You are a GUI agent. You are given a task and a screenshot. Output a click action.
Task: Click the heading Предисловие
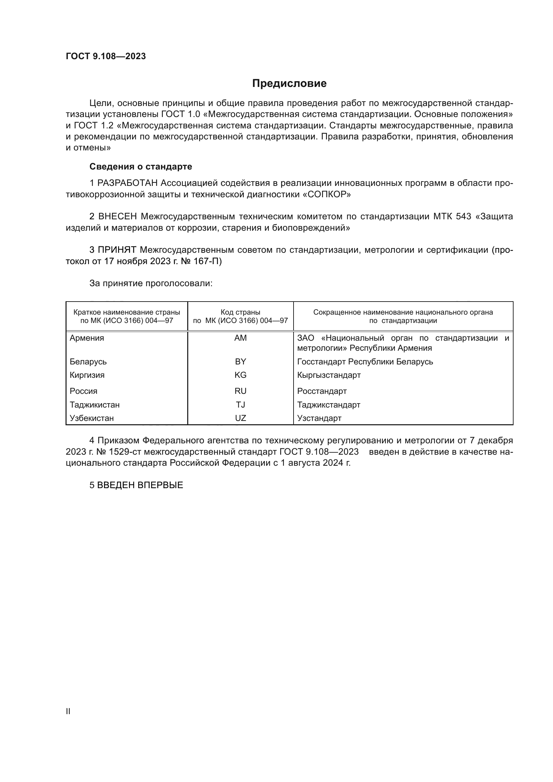pyautogui.click(x=289, y=84)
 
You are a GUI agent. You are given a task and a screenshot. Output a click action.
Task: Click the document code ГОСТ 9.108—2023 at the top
pyautogui.click(x=106, y=56)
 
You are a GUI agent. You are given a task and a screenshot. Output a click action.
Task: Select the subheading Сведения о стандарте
pyautogui.click(x=141, y=166)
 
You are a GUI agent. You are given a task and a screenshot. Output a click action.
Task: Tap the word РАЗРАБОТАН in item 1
pyautogui.click(x=127, y=183)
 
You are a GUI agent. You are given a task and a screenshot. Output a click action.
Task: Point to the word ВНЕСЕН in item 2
pyautogui.click(x=117, y=217)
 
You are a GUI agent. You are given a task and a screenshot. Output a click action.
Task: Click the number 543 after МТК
pyautogui.click(x=463, y=217)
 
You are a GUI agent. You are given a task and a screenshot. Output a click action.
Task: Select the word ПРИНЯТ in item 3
pyautogui.click(x=117, y=250)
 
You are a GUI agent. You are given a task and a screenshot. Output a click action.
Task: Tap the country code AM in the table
pyautogui.click(x=240, y=338)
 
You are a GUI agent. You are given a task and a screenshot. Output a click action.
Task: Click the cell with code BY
pyautogui.click(x=240, y=362)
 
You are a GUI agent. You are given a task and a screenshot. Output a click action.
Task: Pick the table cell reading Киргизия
pyautogui.click(x=87, y=375)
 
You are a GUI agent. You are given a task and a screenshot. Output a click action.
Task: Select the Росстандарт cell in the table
pyautogui.click(x=322, y=391)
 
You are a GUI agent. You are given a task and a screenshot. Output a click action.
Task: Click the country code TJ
pyautogui.click(x=240, y=405)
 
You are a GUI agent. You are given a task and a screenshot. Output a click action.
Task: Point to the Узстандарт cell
pyautogui.click(x=319, y=418)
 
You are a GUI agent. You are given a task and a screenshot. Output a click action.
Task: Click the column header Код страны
pyautogui.click(x=240, y=312)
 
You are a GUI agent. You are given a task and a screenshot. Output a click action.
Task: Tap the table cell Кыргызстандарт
pyautogui.click(x=329, y=375)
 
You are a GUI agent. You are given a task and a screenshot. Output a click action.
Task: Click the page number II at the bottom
pyautogui.click(x=68, y=711)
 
